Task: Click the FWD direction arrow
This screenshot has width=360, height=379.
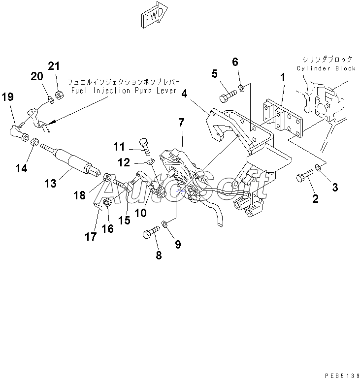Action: click(154, 15)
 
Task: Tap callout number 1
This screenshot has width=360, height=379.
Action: click(283, 78)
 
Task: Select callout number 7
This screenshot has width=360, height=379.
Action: click(182, 123)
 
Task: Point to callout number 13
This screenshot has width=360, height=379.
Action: click(50, 184)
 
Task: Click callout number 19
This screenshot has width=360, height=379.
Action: click(7, 97)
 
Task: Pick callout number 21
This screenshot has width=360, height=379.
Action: click(54, 66)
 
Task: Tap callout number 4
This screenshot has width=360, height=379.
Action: click(184, 94)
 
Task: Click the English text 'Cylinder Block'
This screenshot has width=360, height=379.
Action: click(326, 68)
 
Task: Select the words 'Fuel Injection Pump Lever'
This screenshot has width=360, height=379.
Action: click(124, 91)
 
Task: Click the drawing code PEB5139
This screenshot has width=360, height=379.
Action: click(342, 376)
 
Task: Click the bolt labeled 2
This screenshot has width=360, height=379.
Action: click(304, 176)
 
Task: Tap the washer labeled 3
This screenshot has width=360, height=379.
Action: click(318, 167)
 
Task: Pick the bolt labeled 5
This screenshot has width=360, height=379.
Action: click(228, 95)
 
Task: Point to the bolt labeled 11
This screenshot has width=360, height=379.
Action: click(145, 147)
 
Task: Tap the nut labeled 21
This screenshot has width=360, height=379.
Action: click(59, 95)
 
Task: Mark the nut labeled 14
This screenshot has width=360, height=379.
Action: click(34, 141)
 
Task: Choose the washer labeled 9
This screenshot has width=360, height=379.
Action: click(164, 224)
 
